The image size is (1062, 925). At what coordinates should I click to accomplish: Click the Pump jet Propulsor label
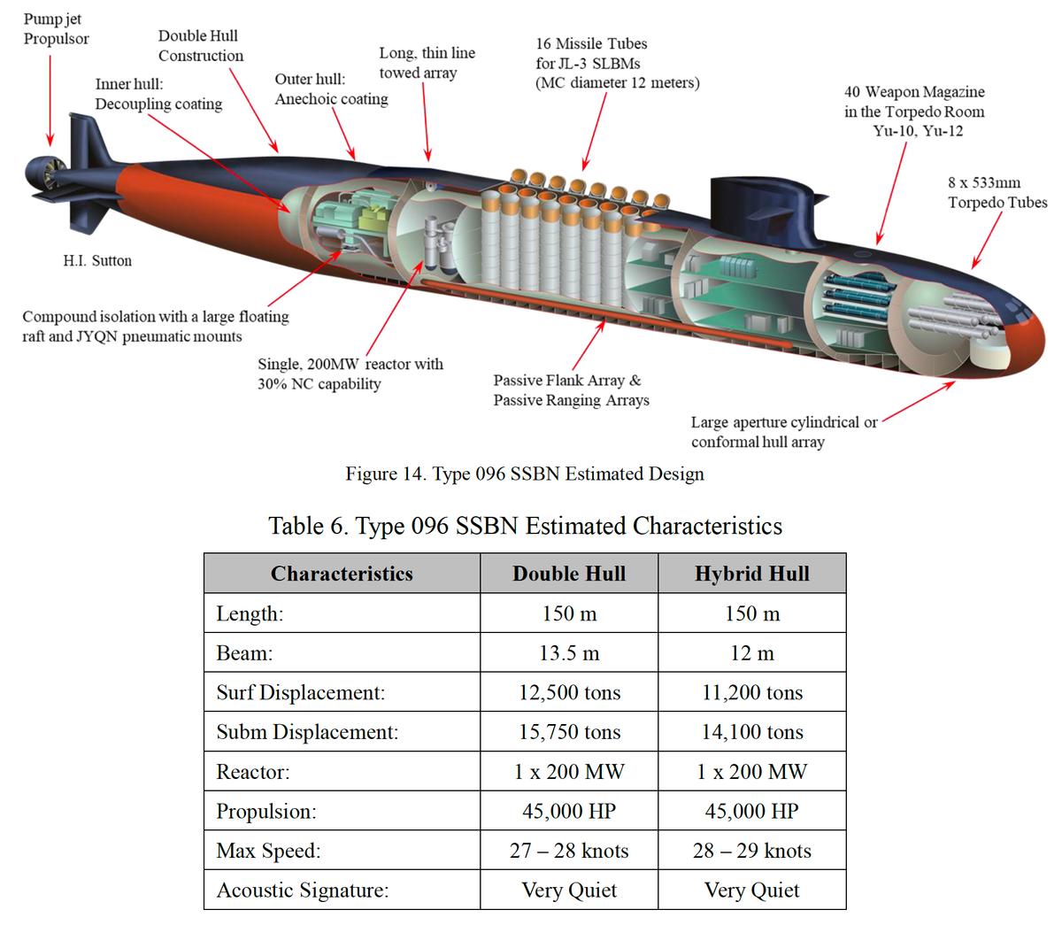click(56, 28)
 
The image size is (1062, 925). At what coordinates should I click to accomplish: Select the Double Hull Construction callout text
click(200, 46)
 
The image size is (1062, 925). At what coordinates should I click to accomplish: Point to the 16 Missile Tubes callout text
click(616, 63)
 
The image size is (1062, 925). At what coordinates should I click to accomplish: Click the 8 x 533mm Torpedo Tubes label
click(997, 193)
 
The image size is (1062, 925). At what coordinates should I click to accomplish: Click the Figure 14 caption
click(525, 474)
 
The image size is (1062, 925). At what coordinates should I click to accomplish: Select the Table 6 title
click(525, 526)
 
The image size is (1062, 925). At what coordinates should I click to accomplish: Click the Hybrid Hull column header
click(751, 574)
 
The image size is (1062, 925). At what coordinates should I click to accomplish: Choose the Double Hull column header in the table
click(569, 574)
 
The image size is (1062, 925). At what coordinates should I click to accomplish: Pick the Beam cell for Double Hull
click(569, 653)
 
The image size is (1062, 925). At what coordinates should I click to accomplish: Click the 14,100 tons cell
click(751, 732)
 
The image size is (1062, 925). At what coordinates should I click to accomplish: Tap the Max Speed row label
click(268, 851)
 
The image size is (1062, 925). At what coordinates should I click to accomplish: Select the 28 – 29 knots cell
click(751, 851)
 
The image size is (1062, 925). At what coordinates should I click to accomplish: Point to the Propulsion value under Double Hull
click(569, 811)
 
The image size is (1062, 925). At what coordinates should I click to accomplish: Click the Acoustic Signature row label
click(302, 890)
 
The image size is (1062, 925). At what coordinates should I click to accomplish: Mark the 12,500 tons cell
click(569, 692)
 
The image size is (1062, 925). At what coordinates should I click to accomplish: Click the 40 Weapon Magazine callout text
click(913, 112)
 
